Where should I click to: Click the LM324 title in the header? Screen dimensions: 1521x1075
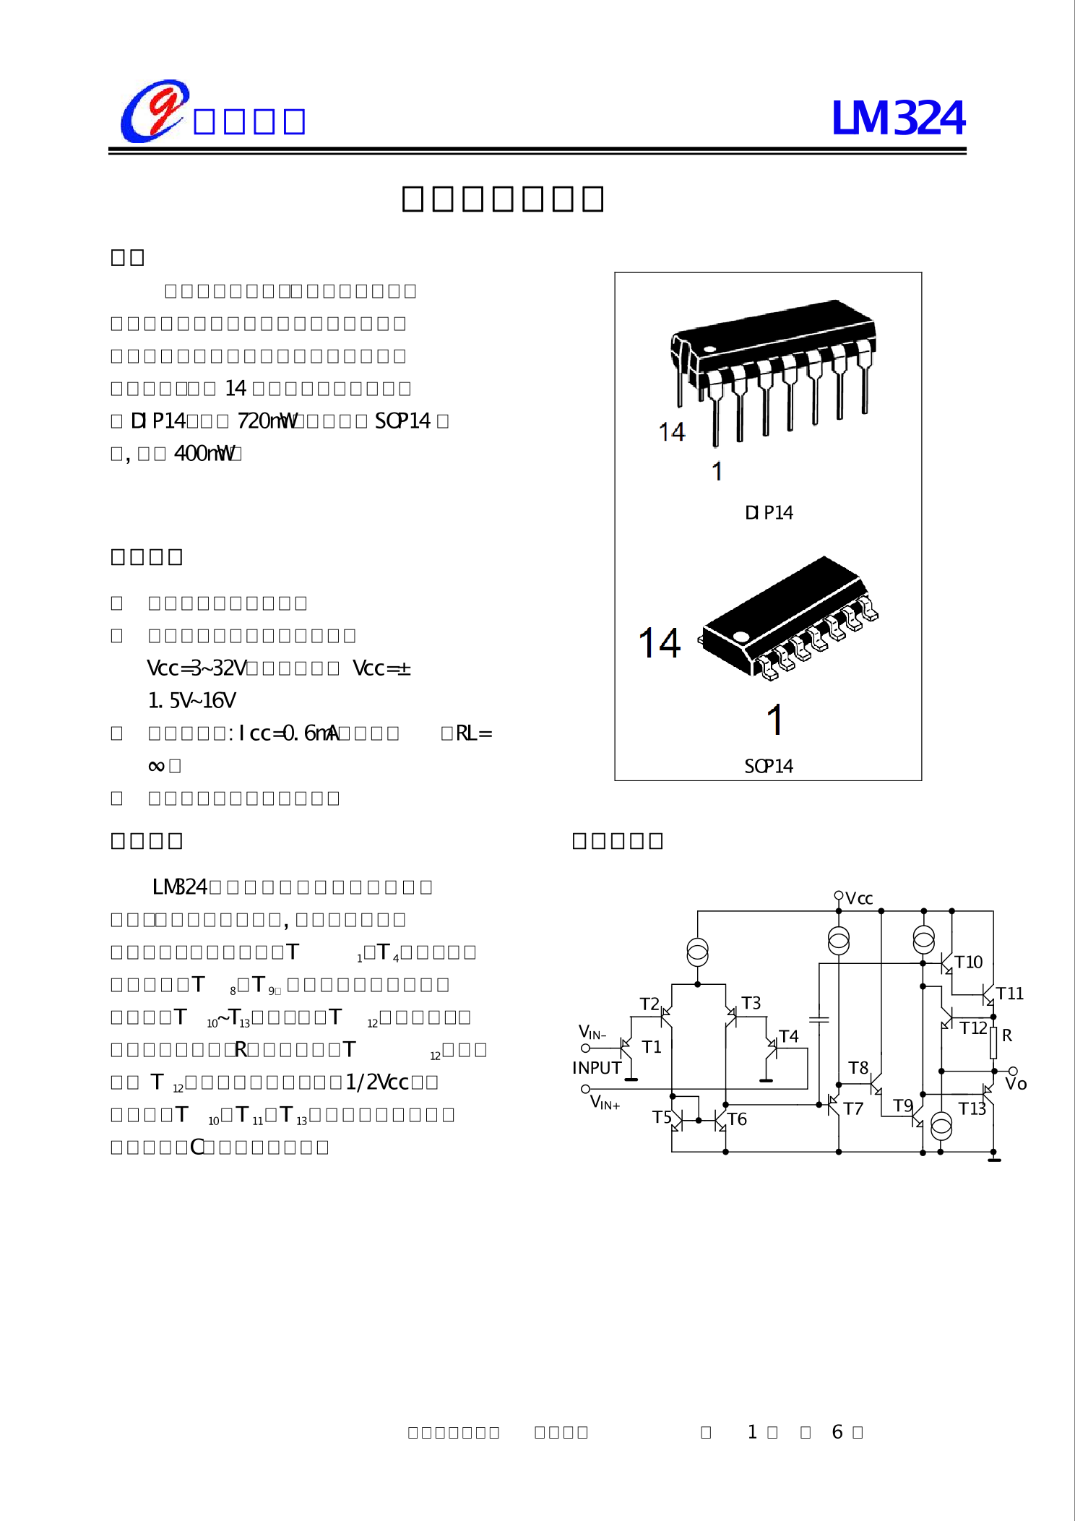pyautogui.click(x=898, y=119)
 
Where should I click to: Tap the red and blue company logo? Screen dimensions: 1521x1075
pyautogui.click(x=154, y=111)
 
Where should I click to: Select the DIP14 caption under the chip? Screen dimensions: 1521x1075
pyautogui.click(x=769, y=513)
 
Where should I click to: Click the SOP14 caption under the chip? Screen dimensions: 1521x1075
pyautogui.click(x=769, y=767)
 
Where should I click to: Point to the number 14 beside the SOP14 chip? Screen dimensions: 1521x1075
pyautogui.click(x=660, y=643)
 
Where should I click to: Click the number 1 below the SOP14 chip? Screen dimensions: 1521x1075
pyautogui.click(x=775, y=720)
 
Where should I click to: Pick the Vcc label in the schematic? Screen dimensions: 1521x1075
pyautogui.click(x=859, y=899)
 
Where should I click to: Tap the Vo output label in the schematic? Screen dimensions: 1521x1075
pyautogui.click(x=1016, y=1084)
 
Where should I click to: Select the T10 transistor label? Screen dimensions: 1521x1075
pyautogui.click(x=969, y=962)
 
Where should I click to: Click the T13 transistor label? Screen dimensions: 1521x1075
pyautogui.click(x=972, y=1109)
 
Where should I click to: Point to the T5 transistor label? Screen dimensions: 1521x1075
pyautogui.click(x=662, y=1118)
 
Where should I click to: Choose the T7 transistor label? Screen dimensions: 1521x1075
pyautogui.click(x=853, y=1109)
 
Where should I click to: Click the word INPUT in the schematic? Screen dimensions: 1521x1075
pyautogui.click(x=597, y=1068)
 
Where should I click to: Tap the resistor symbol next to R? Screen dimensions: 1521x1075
pyautogui.click(x=993, y=1043)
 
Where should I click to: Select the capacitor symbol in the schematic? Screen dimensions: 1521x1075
pyautogui.click(x=819, y=1020)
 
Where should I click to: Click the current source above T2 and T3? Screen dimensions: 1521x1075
pyautogui.click(x=697, y=952)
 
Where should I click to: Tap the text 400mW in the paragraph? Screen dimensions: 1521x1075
pyautogui.click(x=204, y=454)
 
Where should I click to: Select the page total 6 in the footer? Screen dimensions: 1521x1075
pyautogui.click(x=837, y=1432)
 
